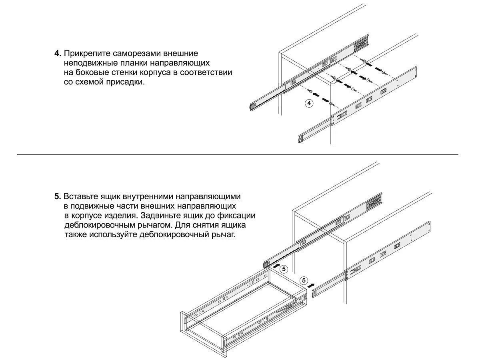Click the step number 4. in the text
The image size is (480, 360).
click(x=58, y=53)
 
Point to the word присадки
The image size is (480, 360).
click(x=125, y=82)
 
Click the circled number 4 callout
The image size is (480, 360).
click(x=309, y=103)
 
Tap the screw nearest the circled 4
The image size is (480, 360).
click(x=332, y=104)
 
